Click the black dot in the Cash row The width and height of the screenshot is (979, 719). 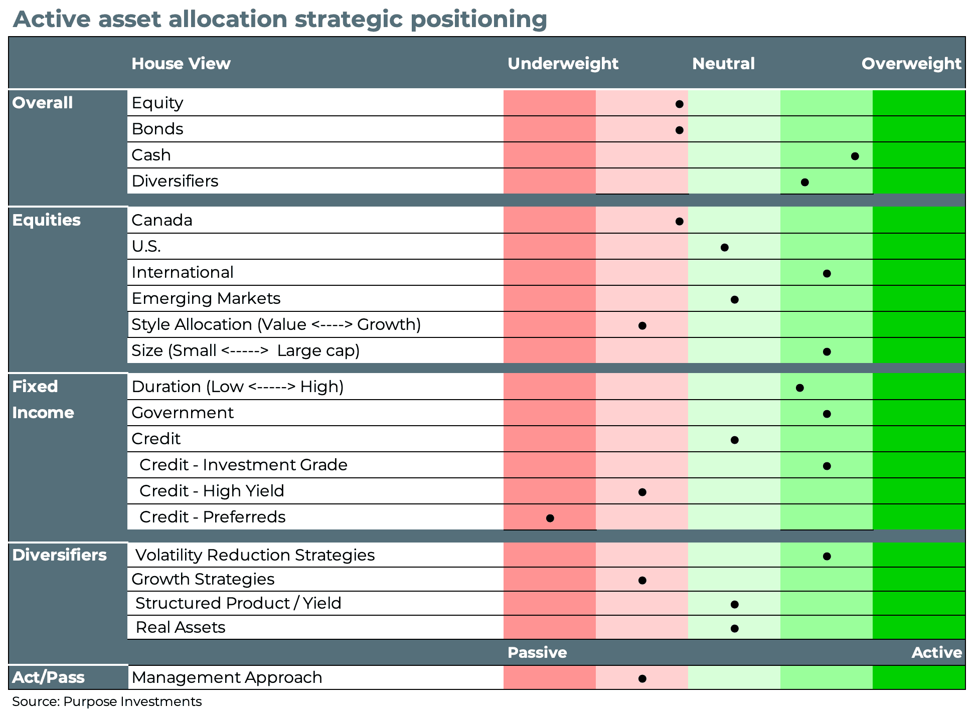click(x=855, y=156)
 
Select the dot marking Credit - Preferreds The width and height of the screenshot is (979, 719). click(x=550, y=518)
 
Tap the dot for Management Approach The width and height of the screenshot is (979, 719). click(x=642, y=678)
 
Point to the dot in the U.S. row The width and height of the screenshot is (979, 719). click(x=724, y=247)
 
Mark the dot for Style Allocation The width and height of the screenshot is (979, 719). click(x=642, y=325)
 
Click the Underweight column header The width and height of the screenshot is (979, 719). click(x=563, y=64)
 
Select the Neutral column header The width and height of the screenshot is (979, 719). click(x=723, y=64)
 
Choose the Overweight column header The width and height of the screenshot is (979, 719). click(x=911, y=64)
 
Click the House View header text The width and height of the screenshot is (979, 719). click(x=181, y=64)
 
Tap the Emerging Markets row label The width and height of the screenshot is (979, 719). click(x=206, y=298)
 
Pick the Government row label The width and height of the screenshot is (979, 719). click(x=182, y=413)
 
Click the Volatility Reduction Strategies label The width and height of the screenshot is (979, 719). click(x=255, y=555)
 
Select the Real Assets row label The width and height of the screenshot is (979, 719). click(x=180, y=627)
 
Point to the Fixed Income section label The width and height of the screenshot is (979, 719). click(x=43, y=400)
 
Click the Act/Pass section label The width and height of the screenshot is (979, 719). click(x=48, y=677)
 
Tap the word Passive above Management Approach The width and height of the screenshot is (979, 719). click(x=537, y=652)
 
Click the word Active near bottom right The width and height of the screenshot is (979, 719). click(x=936, y=652)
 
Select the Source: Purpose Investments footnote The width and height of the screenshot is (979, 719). click(x=107, y=701)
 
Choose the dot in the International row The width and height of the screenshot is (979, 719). click(x=827, y=273)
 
